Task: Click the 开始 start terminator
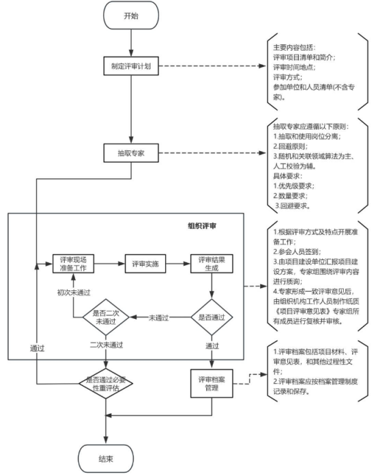coord(130,16)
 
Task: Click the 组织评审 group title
coord(204,225)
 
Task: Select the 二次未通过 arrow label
coord(106,346)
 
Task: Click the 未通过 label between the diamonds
coord(160,318)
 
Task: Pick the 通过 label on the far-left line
coord(37,348)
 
